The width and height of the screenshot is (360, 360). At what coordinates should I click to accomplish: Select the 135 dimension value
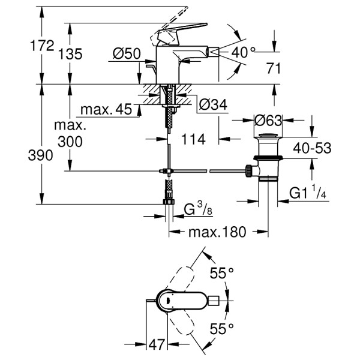[x=70, y=54]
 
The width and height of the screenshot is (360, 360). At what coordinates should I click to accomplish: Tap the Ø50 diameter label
[x=127, y=54]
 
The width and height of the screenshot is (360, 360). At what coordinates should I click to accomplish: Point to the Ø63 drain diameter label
[x=268, y=121]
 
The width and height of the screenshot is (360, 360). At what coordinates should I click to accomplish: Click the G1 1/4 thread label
[x=308, y=193]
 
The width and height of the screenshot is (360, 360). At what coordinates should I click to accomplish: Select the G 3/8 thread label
[x=197, y=210]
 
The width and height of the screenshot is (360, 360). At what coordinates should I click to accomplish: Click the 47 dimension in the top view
[x=157, y=346]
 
